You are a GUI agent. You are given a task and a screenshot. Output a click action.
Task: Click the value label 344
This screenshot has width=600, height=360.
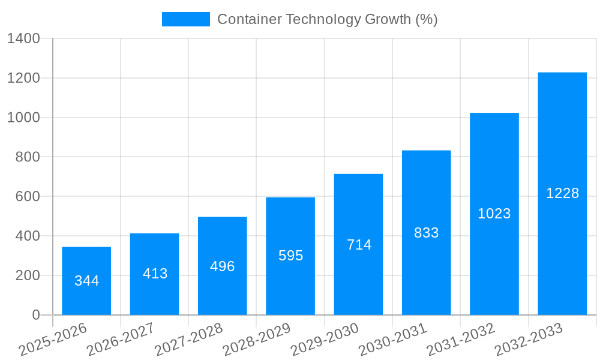86,281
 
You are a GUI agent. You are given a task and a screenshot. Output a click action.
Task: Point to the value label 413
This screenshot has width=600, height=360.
155,274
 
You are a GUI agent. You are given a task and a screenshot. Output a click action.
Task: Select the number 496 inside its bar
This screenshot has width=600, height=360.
222,266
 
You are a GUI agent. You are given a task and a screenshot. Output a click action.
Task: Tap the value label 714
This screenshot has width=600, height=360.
359,245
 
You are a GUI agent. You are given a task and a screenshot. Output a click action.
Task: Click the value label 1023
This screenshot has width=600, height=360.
494,214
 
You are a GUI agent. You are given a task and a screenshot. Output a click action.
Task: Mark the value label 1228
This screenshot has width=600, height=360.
562,193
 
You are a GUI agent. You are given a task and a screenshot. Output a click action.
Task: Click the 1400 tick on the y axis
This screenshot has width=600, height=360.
23,39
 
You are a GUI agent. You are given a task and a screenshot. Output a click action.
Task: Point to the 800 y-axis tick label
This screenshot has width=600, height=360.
28,157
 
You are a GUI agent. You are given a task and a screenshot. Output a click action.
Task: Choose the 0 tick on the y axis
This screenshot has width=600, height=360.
35,315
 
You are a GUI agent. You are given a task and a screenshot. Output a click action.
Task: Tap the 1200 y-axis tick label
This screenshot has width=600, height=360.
23,79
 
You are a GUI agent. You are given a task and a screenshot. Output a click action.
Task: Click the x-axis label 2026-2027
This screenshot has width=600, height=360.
121,339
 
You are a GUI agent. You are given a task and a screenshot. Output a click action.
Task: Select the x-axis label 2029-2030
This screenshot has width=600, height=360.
325,339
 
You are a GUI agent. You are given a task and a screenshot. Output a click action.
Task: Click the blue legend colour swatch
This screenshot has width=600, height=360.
186,19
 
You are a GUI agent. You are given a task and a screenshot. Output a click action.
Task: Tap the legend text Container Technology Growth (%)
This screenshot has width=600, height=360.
327,19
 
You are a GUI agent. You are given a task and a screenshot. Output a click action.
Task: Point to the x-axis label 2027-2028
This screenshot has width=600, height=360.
189,339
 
